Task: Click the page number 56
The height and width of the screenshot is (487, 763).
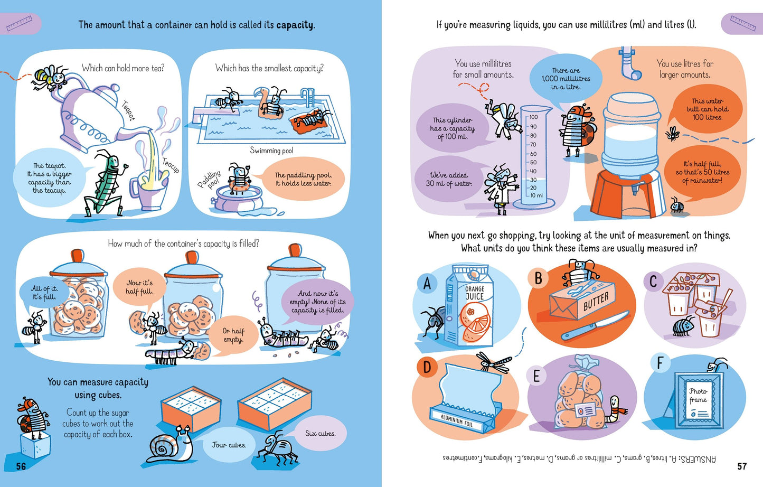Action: click(x=21, y=466)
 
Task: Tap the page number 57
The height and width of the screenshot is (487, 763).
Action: click(x=742, y=466)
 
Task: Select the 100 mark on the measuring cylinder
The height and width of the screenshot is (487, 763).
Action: click(x=533, y=117)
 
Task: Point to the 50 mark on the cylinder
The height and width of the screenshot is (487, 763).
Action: click(x=533, y=162)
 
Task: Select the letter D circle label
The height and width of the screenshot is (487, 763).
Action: click(x=427, y=367)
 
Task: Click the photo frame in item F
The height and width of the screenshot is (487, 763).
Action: click(x=699, y=400)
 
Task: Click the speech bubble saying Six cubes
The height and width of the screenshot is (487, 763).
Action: click(x=319, y=434)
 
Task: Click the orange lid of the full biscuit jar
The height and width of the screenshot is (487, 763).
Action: click(x=77, y=256)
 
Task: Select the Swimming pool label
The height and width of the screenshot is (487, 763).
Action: click(x=271, y=151)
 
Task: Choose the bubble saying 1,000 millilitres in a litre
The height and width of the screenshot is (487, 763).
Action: click(x=566, y=79)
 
